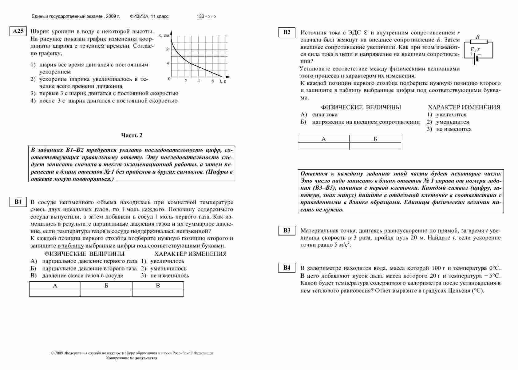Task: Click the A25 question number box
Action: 18,31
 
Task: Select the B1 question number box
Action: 18,202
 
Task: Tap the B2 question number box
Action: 287,32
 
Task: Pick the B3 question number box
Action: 287,231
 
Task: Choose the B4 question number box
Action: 287,268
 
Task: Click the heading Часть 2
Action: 132,135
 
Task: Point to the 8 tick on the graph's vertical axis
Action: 168,49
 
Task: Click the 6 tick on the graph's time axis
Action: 212,81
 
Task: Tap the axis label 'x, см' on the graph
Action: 164,35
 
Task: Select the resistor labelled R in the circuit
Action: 478,42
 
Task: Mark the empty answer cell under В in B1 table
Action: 158,293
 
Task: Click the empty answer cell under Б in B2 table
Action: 375,146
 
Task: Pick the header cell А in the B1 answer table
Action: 55,285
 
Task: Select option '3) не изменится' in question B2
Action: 449,129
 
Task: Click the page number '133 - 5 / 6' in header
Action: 206,16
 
